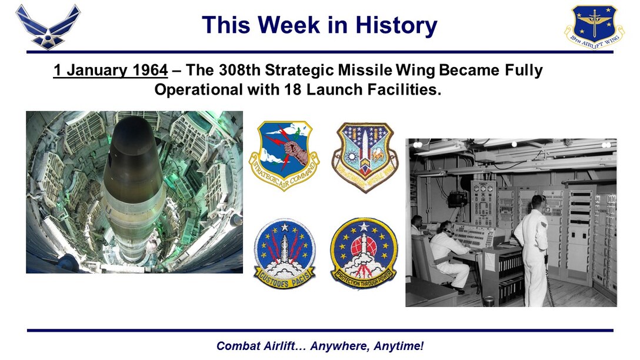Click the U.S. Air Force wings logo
[x=48, y=26]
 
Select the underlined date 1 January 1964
[x=110, y=71]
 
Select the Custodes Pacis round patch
[x=284, y=253]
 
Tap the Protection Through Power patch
[x=364, y=252]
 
